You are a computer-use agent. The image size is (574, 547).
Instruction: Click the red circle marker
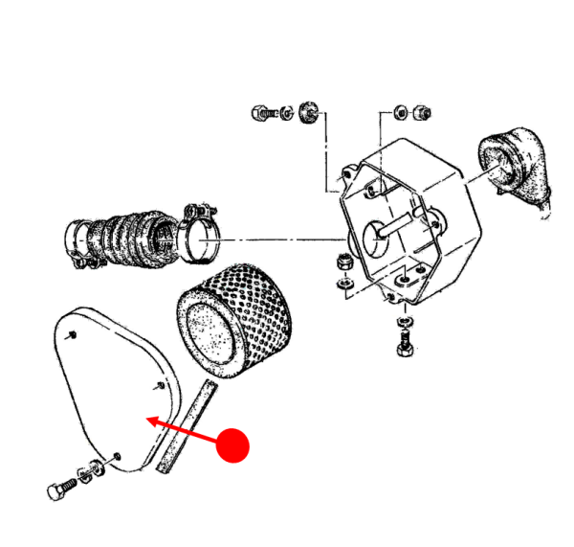pyautogui.click(x=232, y=445)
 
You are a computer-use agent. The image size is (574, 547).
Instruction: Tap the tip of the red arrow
pyautogui.click(x=146, y=419)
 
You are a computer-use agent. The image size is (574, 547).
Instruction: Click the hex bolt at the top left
pyautogui.click(x=267, y=112)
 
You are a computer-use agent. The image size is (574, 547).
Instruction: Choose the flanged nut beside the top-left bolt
pyautogui.click(x=309, y=111)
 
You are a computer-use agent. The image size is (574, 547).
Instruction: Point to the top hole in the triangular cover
pyautogui.click(x=73, y=334)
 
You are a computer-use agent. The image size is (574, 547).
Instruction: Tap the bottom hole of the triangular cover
pyautogui.click(x=117, y=455)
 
